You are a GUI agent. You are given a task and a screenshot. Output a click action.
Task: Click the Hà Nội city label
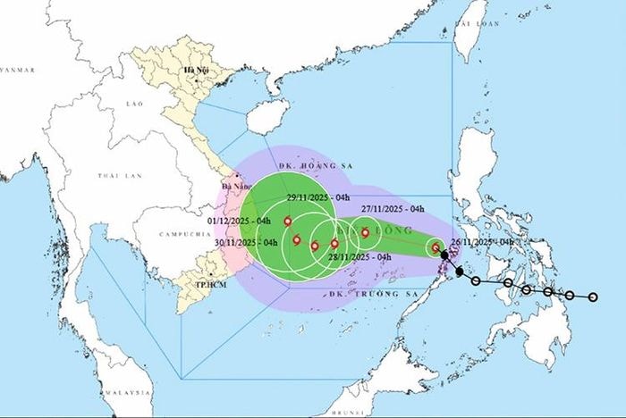(194, 70)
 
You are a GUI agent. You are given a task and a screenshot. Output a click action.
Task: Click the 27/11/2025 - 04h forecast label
(392, 209)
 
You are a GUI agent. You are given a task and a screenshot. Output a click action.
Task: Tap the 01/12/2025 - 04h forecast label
(239, 220)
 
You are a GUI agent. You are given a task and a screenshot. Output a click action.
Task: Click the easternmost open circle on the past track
(592, 297)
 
